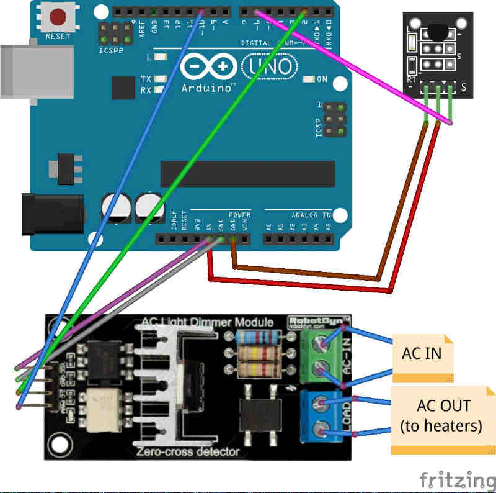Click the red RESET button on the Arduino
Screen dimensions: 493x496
click(58, 17)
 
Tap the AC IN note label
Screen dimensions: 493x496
click(422, 355)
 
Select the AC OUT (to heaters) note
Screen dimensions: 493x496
click(441, 416)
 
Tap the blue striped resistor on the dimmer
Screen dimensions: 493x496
click(259, 337)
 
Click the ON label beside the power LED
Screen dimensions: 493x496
click(322, 79)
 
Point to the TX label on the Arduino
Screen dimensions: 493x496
click(146, 79)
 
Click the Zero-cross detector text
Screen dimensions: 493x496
click(188, 451)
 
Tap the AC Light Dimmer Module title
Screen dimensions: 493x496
click(207, 322)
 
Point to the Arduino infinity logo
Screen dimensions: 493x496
click(208, 65)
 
